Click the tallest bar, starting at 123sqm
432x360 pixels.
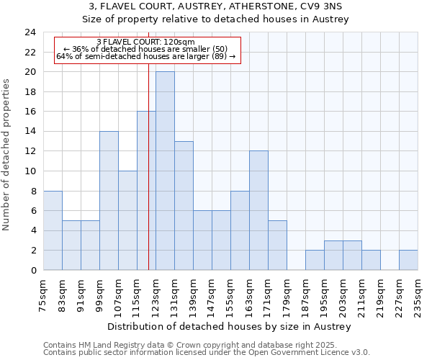pyautogui.click(x=165, y=171)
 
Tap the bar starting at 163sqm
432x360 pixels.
pyautogui.click(x=258, y=210)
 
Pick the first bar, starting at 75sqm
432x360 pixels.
pyautogui.click(x=53, y=230)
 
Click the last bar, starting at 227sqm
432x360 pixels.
pyautogui.click(x=408, y=260)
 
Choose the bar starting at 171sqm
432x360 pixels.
pyautogui.click(x=277, y=245)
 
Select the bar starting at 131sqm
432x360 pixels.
pyautogui.click(x=184, y=205)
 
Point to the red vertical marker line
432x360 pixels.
pyautogui.click(x=148, y=180)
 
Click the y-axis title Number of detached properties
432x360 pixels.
pyautogui.click(x=7, y=155)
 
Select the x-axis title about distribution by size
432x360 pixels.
pyautogui.click(x=230, y=327)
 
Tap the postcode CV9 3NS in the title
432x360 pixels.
pyautogui.click(x=323, y=6)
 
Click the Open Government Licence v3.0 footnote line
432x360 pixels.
pyautogui.click(x=207, y=353)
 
